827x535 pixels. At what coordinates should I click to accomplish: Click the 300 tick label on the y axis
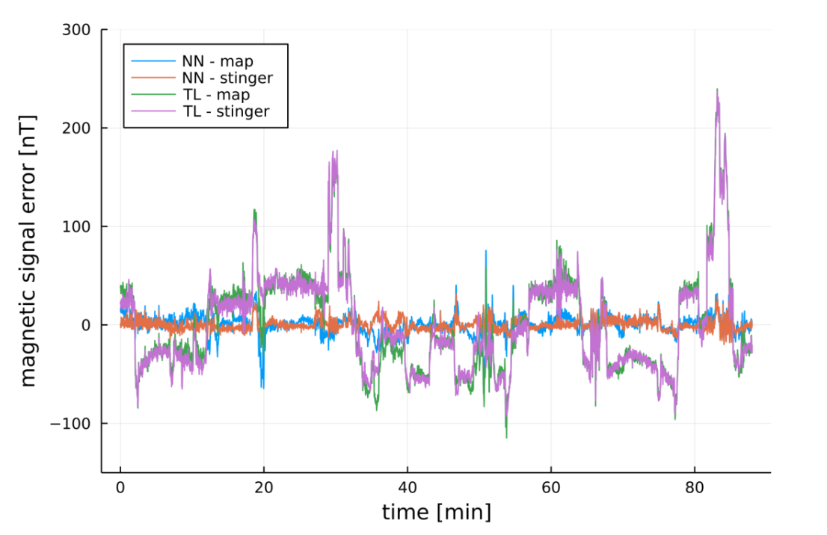(76, 30)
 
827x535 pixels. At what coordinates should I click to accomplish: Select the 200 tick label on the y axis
(76, 129)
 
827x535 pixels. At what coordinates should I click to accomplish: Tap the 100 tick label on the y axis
(76, 226)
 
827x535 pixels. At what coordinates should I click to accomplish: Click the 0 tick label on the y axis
(85, 325)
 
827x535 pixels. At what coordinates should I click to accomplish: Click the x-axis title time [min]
(436, 513)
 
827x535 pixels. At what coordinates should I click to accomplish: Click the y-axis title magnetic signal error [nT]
(28, 250)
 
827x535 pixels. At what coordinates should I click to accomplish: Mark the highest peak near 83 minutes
(717, 90)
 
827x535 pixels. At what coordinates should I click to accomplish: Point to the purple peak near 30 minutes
(334, 152)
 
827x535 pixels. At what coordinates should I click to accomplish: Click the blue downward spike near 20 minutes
(262, 386)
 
